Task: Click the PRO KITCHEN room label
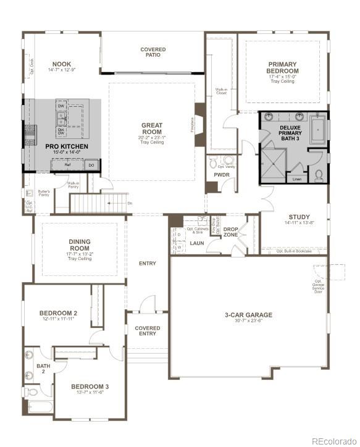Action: [x=67, y=146]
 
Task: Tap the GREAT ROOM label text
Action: [x=151, y=128]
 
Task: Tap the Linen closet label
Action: [x=296, y=180]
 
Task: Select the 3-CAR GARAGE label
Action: [x=248, y=315]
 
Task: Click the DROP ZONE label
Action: [x=231, y=232]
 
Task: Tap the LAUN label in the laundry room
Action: [x=197, y=243]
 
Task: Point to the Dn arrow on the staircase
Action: [x=129, y=203]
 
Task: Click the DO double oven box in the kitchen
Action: [x=91, y=165]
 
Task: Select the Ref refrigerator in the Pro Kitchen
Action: [x=68, y=165]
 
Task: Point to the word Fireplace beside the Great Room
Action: [x=193, y=125]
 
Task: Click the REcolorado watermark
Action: [x=334, y=441]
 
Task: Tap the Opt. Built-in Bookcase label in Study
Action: [x=294, y=251]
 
